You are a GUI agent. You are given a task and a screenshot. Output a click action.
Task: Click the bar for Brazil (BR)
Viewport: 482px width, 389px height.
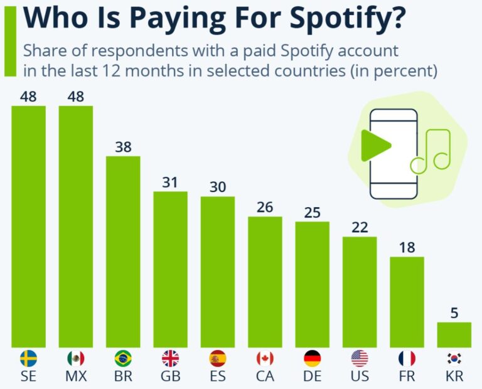pos(123,251)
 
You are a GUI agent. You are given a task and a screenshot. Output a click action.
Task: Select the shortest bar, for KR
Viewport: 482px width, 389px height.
pos(454,334)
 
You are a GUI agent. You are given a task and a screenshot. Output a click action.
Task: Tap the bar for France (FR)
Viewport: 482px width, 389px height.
pos(407,301)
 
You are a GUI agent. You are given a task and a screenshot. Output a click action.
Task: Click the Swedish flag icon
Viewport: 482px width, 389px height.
pos(28,358)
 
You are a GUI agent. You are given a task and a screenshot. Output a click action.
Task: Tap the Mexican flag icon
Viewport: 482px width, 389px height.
pos(75,358)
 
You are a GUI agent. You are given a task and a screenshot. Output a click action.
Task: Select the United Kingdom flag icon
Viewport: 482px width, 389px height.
pos(170,358)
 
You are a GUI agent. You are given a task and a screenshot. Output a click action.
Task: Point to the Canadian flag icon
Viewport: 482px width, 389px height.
pos(265,358)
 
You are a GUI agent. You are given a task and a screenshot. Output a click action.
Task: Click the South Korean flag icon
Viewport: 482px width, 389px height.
pos(454,358)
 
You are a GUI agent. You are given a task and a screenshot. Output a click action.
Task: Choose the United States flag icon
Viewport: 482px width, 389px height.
pos(360,358)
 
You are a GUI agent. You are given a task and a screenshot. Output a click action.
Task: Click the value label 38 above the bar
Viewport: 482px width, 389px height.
pos(123,147)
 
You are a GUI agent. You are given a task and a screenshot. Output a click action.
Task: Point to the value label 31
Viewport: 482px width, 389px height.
pos(170,183)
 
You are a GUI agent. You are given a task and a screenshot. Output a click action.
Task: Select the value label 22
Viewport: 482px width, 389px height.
pos(360,228)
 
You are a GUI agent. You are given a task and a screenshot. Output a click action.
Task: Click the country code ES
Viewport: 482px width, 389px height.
pos(217,377)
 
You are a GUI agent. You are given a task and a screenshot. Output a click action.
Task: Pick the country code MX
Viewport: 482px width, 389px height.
pos(75,377)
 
